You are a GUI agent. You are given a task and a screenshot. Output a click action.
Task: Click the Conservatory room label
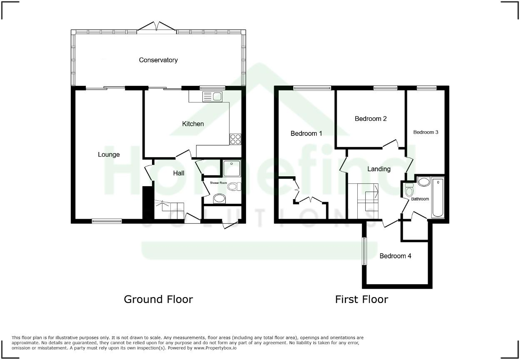[x=158, y=60]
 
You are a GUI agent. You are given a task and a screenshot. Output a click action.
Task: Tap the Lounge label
[x=109, y=155]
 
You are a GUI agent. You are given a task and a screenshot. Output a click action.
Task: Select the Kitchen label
[x=193, y=124]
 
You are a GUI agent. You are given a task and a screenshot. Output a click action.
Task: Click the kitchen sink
[x=213, y=97]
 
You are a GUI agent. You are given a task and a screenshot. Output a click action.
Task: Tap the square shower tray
[x=232, y=168]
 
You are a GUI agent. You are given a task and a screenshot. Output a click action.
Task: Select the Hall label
[x=179, y=173]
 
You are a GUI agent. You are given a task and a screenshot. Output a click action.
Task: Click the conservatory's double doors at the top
[x=157, y=26]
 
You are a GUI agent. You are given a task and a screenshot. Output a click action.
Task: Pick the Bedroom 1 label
[x=306, y=134]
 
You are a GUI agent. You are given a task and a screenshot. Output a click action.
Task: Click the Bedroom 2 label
[x=371, y=119]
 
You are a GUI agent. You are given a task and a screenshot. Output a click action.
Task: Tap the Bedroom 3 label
[x=426, y=132]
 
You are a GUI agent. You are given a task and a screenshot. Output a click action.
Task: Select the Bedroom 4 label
[x=395, y=256]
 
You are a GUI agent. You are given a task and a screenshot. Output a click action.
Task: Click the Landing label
[x=379, y=169]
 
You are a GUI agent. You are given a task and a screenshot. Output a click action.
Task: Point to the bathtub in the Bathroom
[x=438, y=198]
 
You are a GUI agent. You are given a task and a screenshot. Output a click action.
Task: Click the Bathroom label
[x=420, y=199]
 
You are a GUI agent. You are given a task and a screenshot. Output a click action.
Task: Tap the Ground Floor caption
[x=158, y=299]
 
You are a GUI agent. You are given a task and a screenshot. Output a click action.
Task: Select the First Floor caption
[x=361, y=299]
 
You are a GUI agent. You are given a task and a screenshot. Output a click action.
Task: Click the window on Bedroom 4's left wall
[x=364, y=251]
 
